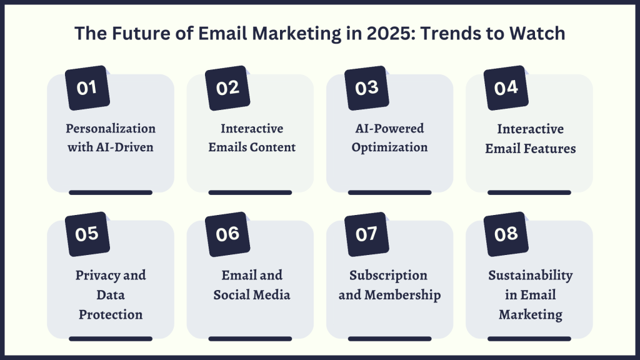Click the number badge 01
[87, 88]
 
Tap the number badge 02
[227, 88]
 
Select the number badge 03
[367, 88]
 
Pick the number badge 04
[506, 88]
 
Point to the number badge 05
[87, 234]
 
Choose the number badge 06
[227, 234]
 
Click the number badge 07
[367, 234]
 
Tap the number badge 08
[506, 234]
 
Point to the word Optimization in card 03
[389, 148]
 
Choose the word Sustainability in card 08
[530, 275]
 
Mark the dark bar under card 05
[111, 339]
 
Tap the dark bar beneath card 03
[389, 192]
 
